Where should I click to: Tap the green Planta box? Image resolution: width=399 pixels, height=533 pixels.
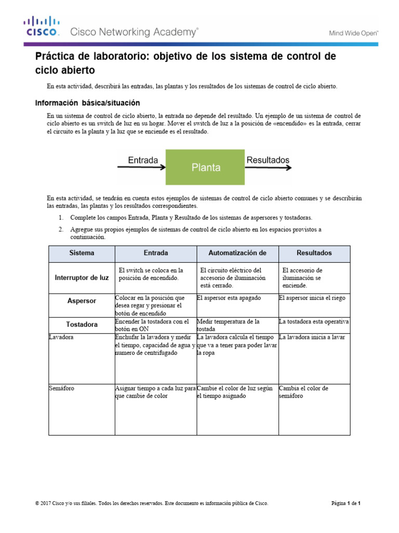[206, 168]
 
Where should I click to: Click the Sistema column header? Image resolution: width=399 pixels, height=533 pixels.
[82, 253]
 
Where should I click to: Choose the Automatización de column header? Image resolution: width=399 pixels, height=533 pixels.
[237, 253]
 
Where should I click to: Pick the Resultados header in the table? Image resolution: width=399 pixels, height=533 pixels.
[314, 253]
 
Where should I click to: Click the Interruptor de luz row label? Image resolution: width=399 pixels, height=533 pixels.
[82, 278]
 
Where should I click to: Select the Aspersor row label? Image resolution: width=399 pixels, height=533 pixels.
[82, 301]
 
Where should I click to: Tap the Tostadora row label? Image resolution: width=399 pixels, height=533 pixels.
[82, 325]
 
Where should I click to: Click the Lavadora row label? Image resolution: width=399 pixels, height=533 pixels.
[61, 337]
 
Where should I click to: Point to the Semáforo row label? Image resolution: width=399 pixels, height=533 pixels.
[62, 388]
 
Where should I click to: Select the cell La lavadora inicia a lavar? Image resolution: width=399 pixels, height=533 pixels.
[312, 337]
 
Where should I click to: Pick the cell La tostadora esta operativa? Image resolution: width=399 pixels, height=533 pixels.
[314, 321]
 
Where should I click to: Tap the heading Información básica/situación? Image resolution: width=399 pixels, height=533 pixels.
[87, 103]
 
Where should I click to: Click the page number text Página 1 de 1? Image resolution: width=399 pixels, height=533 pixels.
[346, 503]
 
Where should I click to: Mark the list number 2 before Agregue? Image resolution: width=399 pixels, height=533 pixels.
[60, 230]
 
